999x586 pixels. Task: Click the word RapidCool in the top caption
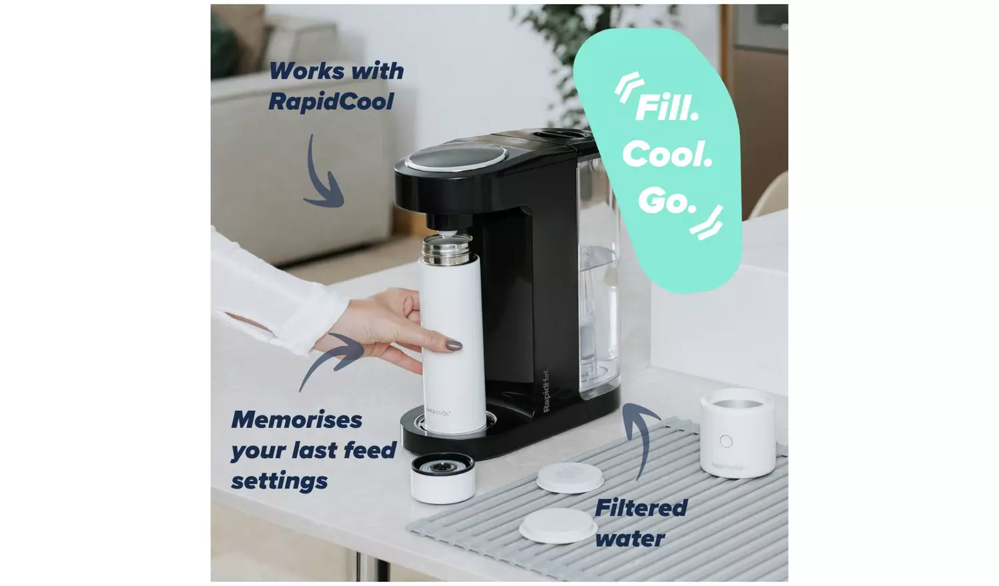pos(331,102)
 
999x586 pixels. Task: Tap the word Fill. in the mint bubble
pos(667,108)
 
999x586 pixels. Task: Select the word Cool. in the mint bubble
pos(667,154)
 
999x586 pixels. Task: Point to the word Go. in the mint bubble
pos(667,200)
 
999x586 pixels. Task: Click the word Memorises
pos(296,420)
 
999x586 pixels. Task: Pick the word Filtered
pos(641,508)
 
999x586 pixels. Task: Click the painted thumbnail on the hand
pos(454,345)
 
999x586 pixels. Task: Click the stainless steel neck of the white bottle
pos(446,250)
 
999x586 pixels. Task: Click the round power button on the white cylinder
pos(726,441)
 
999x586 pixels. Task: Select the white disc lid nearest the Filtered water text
pos(558,525)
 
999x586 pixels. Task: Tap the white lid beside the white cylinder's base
pos(569,477)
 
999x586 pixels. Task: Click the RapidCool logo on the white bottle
pos(438,413)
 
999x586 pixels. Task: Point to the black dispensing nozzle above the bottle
pos(444,222)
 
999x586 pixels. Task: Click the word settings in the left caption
pos(279,481)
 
